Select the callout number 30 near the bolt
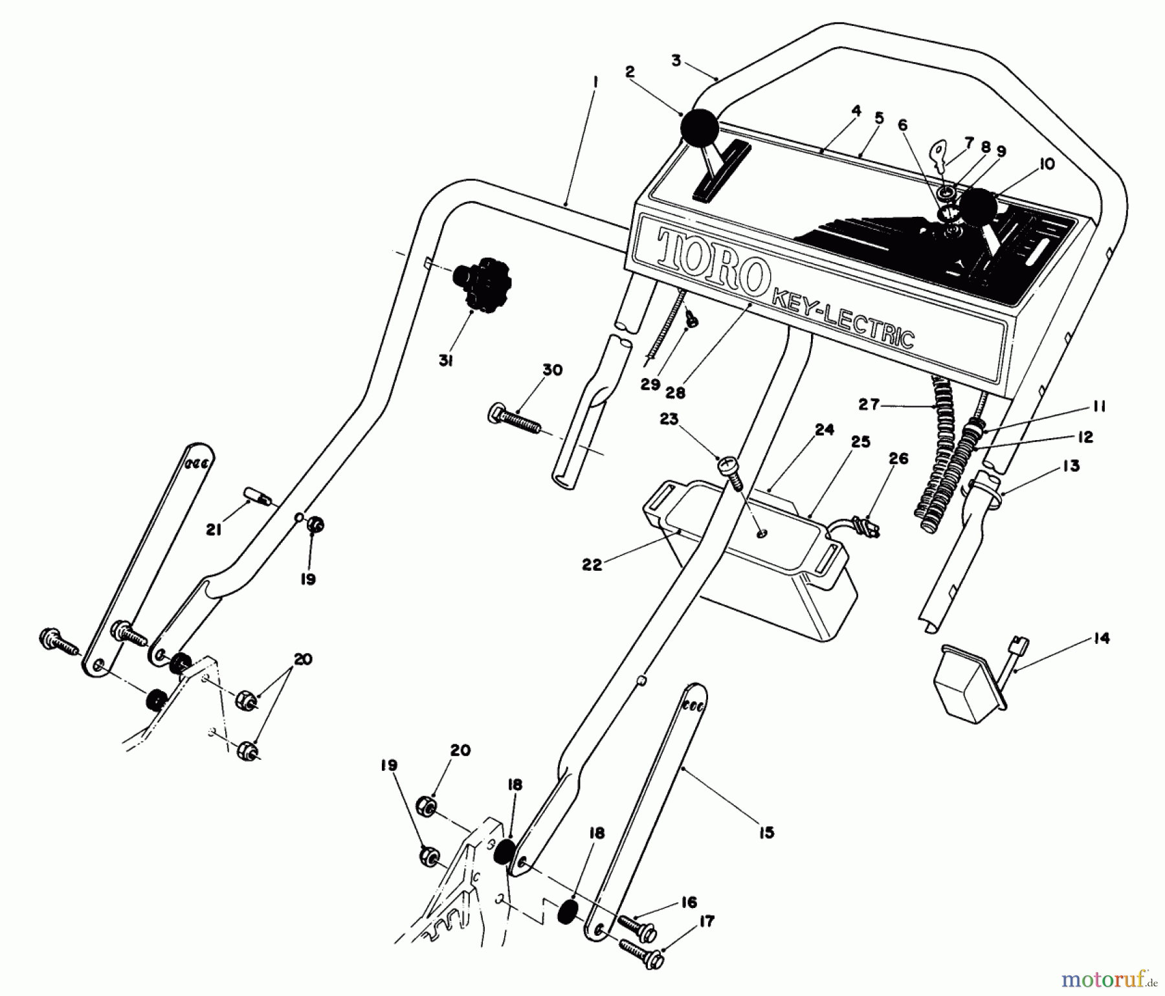point(552,370)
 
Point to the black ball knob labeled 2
point(699,128)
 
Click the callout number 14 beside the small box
point(1100,639)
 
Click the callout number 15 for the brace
point(766,832)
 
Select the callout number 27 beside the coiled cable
point(869,404)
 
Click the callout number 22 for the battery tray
point(592,564)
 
